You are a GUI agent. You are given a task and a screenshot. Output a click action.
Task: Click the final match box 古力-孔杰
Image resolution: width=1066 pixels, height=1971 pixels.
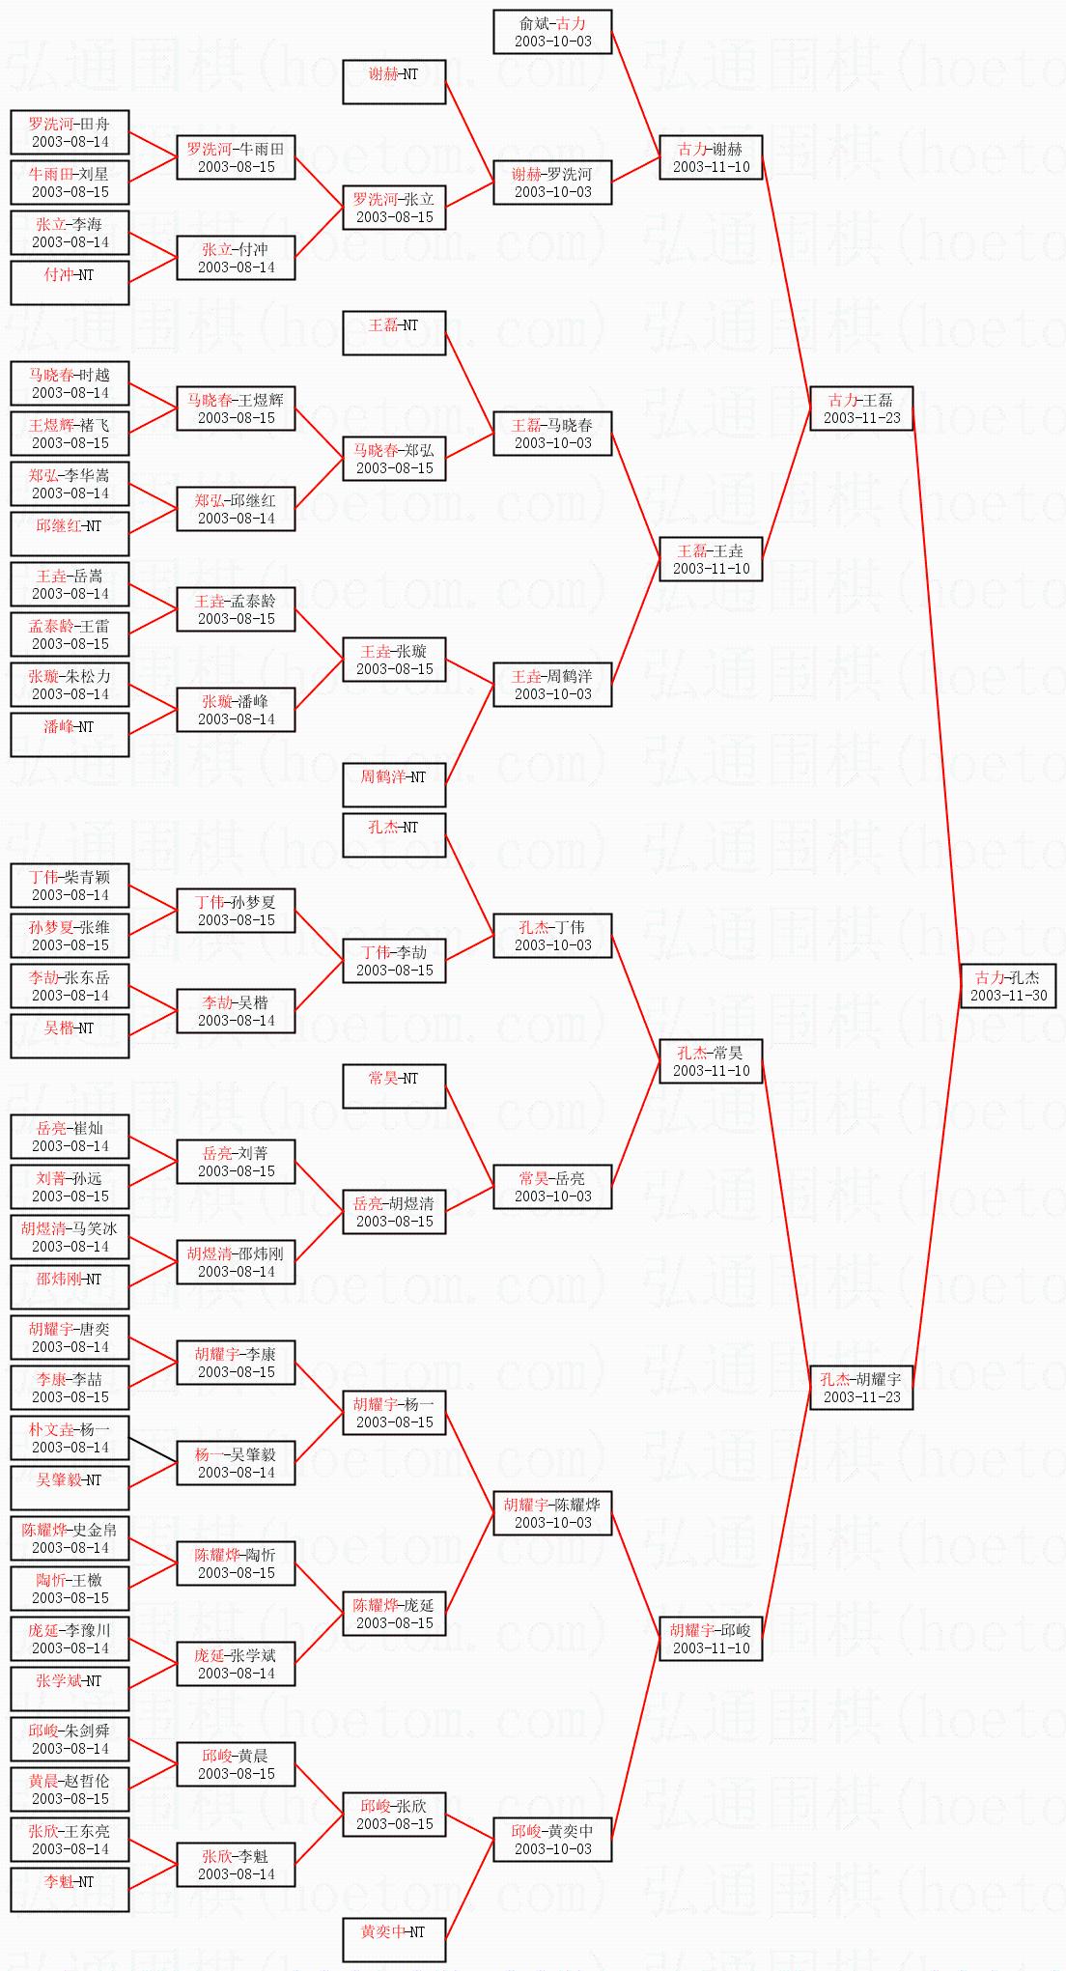coord(1008,985)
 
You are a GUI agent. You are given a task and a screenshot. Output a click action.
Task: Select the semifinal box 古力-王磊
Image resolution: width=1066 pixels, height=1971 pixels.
coord(861,408)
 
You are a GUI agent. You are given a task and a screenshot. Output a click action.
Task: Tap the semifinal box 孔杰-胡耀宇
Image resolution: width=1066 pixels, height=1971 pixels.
coord(861,1387)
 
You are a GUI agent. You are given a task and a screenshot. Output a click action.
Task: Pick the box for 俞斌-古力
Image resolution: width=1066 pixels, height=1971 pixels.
coord(552,31)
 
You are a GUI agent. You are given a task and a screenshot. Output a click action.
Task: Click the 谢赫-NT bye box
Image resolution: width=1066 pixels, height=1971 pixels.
coord(394,81)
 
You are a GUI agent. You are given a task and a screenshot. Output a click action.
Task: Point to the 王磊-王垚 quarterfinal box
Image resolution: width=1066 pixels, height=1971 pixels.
coord(711,558)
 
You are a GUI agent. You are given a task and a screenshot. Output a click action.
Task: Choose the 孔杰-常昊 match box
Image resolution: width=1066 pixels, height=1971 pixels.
coord(711,1060)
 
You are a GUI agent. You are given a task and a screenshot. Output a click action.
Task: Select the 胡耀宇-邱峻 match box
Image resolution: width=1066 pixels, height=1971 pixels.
coord(711,1638)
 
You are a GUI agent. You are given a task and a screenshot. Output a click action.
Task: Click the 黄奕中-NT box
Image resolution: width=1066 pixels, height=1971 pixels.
coord(394,1939)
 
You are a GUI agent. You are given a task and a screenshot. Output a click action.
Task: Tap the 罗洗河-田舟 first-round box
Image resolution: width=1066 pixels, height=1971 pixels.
coord(70,131)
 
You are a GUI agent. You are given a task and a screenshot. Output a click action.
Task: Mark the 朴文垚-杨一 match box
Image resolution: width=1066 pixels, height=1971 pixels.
coord(70,1437)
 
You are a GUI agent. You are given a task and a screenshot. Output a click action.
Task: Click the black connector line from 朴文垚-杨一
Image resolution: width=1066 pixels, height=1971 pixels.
coord(153,1450)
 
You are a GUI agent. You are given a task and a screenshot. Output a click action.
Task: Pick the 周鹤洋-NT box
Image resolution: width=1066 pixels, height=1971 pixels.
coord(394,784)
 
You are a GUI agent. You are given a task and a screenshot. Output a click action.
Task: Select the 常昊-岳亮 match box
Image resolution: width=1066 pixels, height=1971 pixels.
coord(552,1186)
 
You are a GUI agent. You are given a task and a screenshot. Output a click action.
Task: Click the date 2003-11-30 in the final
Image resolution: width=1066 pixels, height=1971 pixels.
coord(1008,996)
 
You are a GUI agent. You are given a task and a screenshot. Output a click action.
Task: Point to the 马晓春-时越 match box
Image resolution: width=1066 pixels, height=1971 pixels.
coord(70,382)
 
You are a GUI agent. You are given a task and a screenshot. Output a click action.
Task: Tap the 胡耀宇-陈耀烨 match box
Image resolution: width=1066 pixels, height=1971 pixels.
coord(552,1512)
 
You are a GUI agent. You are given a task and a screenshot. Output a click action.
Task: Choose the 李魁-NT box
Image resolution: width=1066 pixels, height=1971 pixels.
coord(70,1889)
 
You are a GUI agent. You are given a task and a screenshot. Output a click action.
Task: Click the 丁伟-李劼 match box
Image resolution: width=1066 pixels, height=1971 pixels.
coord(394,960)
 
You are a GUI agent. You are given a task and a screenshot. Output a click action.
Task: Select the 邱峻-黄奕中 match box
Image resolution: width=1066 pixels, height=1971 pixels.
coord(552,1839)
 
